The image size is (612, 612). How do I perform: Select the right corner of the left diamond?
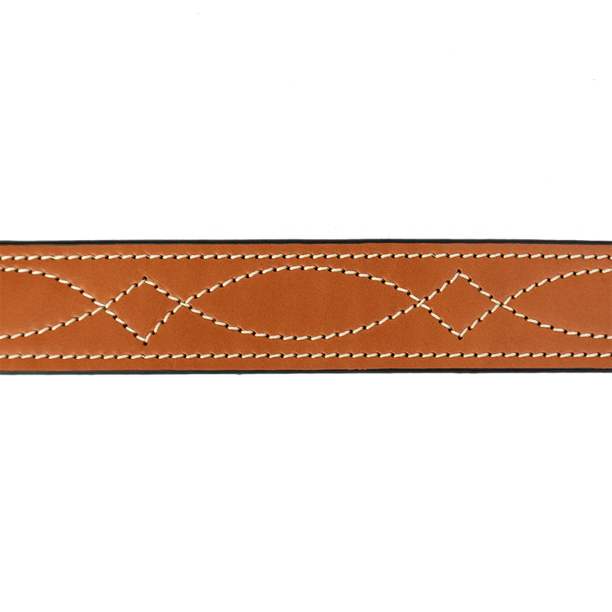coord(182,304)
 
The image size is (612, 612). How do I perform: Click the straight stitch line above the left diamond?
coord(145,258)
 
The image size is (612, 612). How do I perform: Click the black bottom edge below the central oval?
coord(303,372)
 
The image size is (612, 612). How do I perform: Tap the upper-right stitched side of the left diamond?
coord(164,291)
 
